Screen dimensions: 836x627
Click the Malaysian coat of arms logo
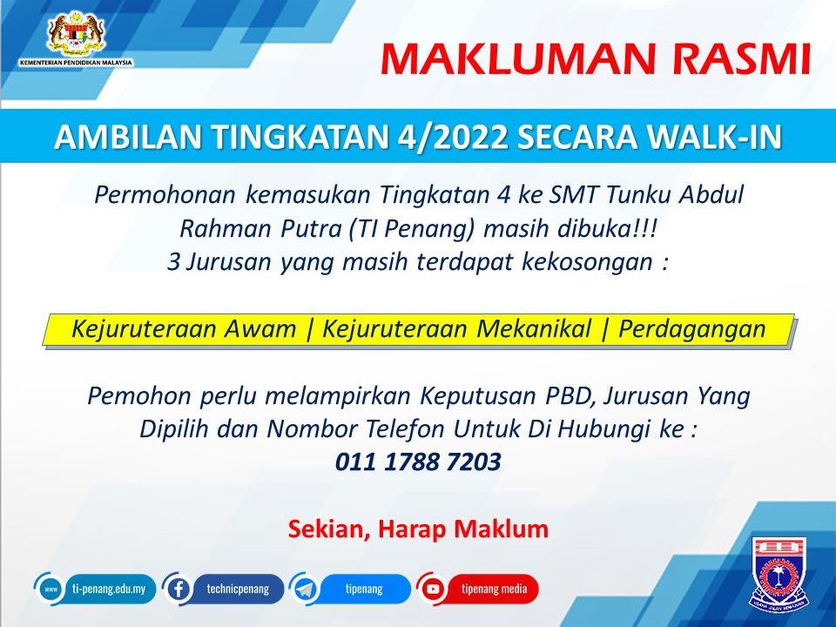point(77,34)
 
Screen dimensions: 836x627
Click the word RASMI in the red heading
point(741,58)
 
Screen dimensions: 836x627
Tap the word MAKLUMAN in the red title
point(517,58)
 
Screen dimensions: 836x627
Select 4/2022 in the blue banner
point(452,137)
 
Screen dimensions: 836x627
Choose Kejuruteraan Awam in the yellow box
point(184,328)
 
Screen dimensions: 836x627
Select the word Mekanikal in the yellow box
point(534,328)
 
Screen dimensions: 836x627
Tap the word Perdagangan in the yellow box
point(692,329)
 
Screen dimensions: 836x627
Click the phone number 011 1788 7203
point(418,462)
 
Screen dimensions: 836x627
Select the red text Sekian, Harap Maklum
point(418,529)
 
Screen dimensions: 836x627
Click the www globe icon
point(51,590)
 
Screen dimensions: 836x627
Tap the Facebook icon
point(178,590)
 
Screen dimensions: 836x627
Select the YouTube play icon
point(433,590)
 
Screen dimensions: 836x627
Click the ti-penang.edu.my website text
point(109,590)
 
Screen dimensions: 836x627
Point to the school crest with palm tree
point(780,574)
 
